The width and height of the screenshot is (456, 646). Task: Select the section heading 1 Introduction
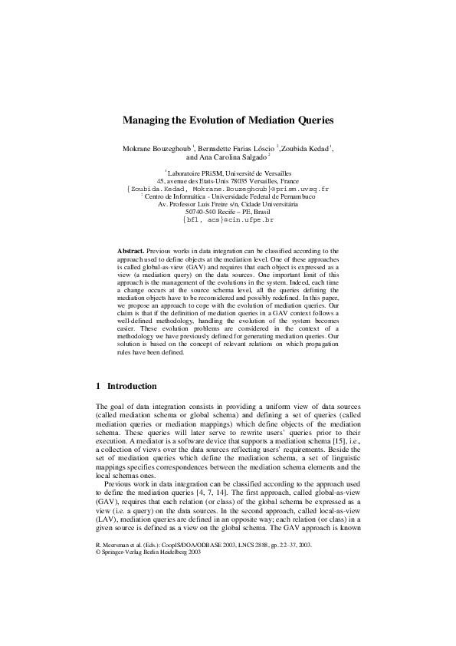point(126,386)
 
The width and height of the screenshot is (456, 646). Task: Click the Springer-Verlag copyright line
point(148,572)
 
